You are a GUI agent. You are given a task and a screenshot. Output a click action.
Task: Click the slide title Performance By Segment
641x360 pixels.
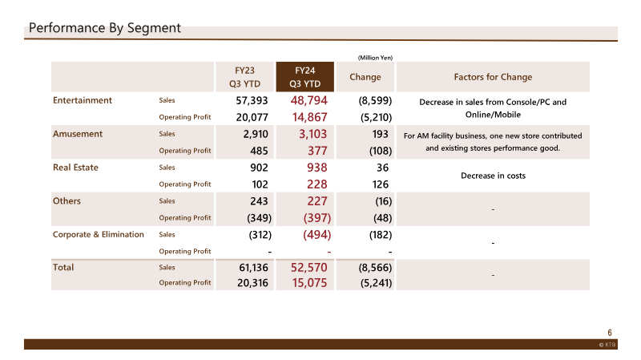[105, 28]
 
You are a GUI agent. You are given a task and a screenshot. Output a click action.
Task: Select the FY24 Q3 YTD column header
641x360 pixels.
[305, 77]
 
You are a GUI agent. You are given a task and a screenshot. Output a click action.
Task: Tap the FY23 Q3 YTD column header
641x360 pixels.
[244, 77]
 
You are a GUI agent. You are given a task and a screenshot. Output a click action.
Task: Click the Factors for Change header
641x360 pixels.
[493, 77]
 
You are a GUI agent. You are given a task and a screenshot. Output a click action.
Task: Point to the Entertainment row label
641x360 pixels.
[83, 100]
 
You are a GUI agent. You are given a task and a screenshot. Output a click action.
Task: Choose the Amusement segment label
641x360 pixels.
[78, 134]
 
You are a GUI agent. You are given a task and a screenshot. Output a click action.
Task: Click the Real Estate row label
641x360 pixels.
[75, 168]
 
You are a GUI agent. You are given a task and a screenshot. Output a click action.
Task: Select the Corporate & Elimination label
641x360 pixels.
[98, 234]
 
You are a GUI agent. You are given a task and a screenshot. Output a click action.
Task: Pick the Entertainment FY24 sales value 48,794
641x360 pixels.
[309, 101]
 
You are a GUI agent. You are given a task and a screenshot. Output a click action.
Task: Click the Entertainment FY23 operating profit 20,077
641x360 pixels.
[252, 117]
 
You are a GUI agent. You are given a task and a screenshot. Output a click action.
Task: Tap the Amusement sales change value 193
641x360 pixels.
[380, 134]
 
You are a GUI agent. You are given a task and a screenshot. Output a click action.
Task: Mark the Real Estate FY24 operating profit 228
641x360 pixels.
[316, 184]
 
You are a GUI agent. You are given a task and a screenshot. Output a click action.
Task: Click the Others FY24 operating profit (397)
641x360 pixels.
[316, 218]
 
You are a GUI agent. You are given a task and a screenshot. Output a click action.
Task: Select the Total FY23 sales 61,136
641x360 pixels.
[253, 268]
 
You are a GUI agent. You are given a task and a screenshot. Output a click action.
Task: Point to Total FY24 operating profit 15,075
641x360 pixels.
[309, 283]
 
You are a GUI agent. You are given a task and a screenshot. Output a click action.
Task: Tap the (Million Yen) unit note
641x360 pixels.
[375, 58]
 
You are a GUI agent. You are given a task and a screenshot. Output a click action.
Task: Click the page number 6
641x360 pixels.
[610, 333]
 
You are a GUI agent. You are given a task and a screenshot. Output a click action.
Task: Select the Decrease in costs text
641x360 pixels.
[493, 176]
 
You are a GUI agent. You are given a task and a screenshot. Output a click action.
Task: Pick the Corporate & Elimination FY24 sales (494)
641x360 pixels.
[316, 235]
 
